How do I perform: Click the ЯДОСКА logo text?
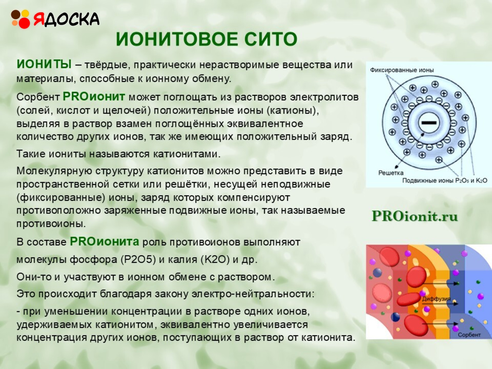pos(66,19)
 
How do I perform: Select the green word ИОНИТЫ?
pos(44,64)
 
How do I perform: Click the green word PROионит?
pos(94,96)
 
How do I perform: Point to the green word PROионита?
pos(104,241)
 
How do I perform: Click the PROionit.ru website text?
pos(415,216)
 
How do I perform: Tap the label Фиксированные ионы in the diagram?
pos(402,70)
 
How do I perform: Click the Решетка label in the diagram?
pos(391,173)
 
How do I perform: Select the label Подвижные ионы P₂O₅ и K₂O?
pos(445,181)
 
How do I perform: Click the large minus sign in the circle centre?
pos(429,123)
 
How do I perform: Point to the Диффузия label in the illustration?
pos(436,299)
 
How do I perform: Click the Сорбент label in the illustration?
pos(469,335)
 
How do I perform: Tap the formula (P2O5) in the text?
pos(138,259)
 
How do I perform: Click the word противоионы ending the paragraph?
pos(51,224)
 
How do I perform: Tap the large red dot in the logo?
pos(24,23)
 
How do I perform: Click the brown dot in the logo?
pos(16,14)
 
